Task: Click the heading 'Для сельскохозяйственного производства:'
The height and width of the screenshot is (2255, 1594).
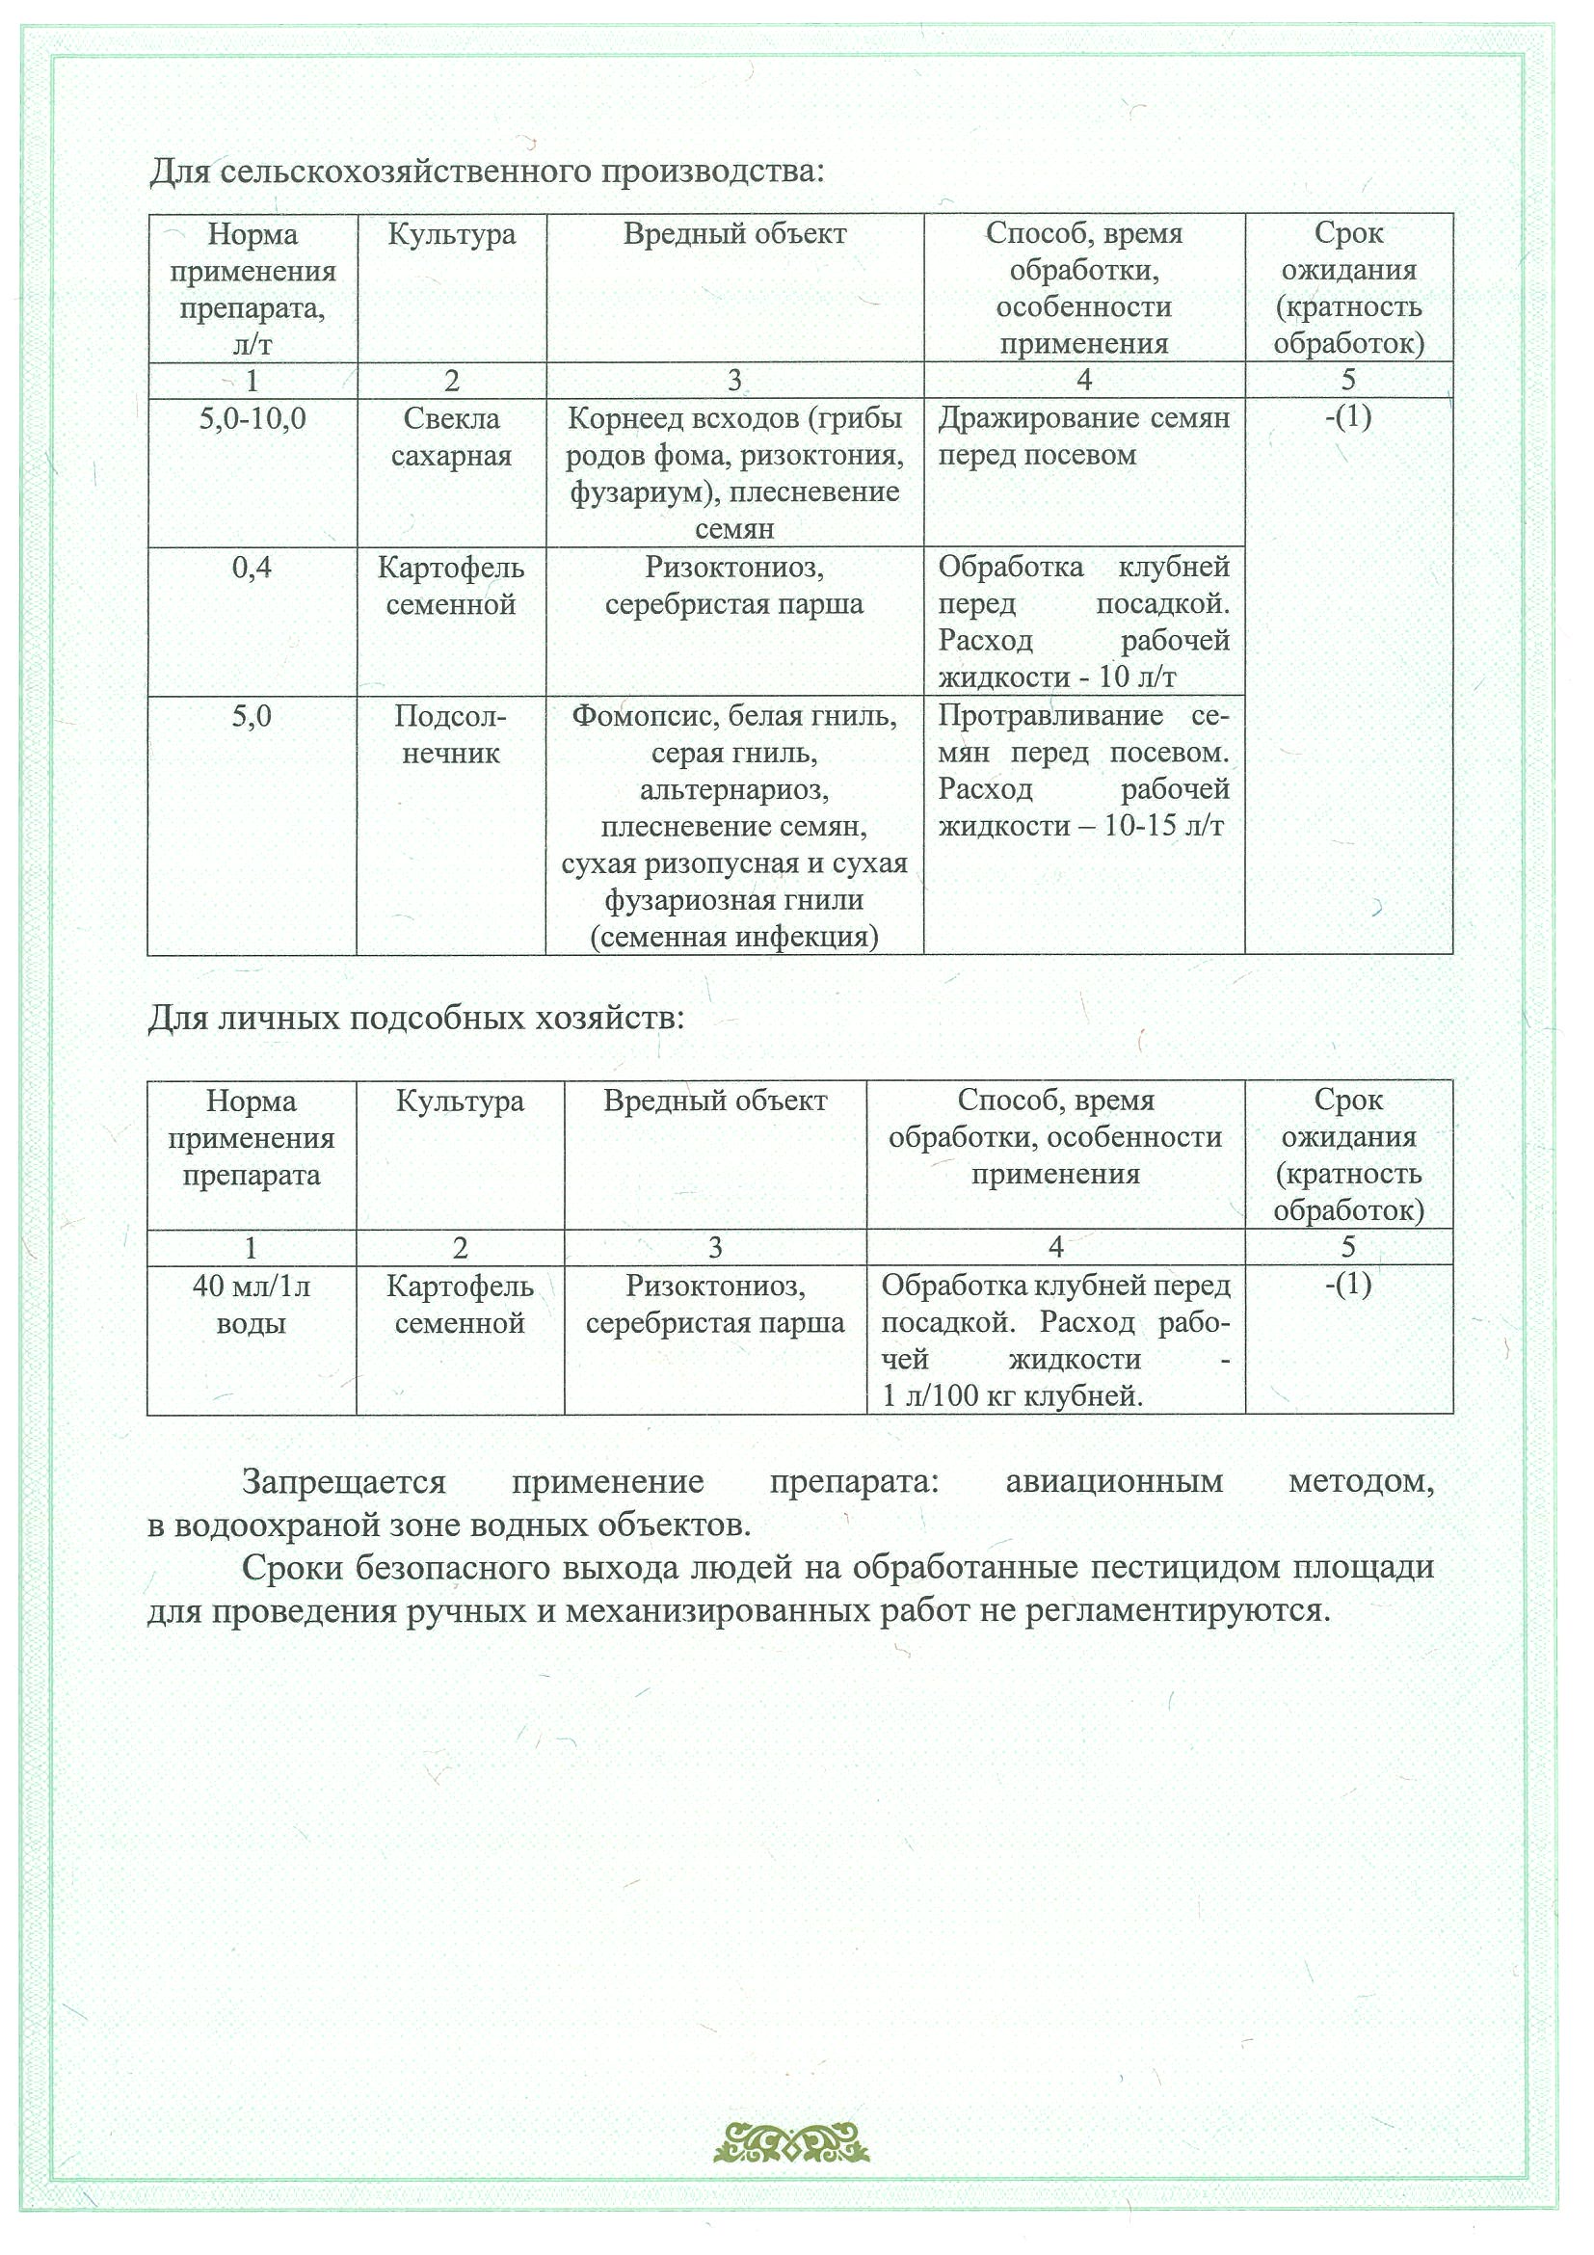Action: pos(487,172)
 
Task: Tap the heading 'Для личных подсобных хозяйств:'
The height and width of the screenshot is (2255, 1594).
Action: pos(415,1018)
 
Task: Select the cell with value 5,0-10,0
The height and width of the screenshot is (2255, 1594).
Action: pos(252,419)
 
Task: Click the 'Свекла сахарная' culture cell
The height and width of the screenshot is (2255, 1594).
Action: pos(451,438)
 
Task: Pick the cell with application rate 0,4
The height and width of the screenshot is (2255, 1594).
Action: pos(252,568)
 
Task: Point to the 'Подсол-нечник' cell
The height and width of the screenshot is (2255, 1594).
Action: pos(451,734)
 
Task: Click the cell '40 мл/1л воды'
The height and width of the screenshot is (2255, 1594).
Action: pos(252,1304)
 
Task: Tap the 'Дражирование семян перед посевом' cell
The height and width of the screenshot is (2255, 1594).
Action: pos(1083,438)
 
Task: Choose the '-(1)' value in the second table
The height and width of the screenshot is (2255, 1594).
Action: pos(1347,1285)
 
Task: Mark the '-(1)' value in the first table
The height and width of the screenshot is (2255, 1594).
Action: pos(1347,417)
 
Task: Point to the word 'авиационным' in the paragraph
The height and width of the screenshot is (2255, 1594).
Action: pos(1114,1481)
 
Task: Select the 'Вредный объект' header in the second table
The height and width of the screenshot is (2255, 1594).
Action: pos(715,1101)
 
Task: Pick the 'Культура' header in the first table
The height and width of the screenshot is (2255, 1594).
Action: pos(451,235)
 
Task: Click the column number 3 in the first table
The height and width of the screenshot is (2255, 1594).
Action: pos(733,380)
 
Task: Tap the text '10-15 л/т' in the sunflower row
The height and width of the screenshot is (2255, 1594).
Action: pos(1164,826)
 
